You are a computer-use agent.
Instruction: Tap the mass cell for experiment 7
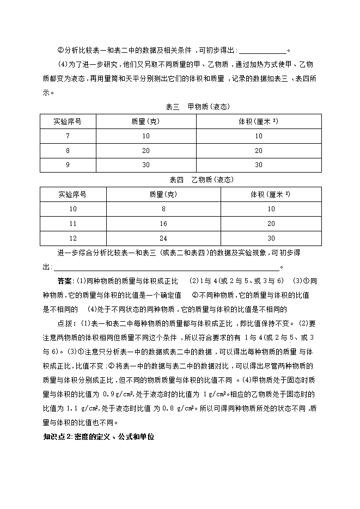point(146,136)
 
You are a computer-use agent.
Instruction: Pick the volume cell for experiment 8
point(258,150)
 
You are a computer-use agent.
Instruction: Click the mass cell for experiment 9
point(146,165)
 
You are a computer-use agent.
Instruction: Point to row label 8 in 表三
point(68,150)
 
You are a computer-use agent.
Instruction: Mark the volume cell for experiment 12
point(271,238)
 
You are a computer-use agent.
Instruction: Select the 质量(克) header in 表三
point(146,121)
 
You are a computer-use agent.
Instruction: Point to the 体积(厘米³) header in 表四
point(271,194)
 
